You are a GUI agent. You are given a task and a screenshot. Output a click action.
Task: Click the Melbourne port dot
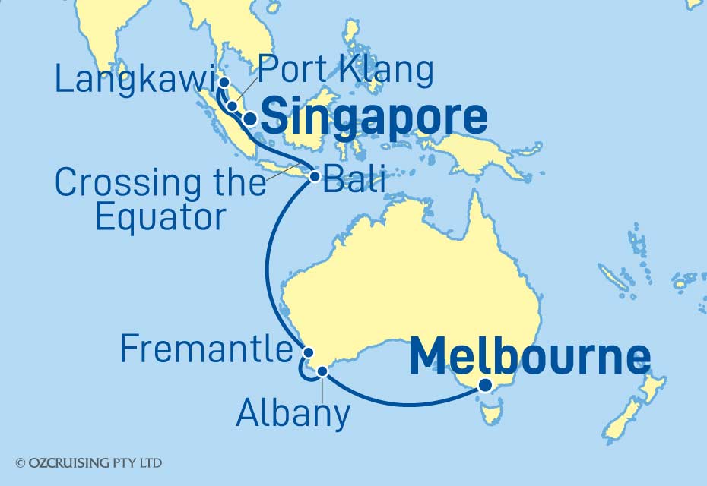485,385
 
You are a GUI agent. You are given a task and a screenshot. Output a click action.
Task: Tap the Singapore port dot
249,118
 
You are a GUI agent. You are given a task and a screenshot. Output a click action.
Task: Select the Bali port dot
314,177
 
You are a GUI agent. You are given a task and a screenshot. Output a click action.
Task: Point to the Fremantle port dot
308,352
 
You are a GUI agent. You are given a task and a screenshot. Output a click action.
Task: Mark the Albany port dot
322,371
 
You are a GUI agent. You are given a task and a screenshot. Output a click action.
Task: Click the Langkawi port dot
224,82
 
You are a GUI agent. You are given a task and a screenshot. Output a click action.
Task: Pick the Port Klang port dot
232,105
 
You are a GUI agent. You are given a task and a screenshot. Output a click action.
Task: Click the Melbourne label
530,357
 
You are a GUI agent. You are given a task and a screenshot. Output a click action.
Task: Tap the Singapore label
375,118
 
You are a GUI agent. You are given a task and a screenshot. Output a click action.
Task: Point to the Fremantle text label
206,350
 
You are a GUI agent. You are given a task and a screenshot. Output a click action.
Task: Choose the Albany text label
293,415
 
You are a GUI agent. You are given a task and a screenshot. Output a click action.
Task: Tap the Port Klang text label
346,71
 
